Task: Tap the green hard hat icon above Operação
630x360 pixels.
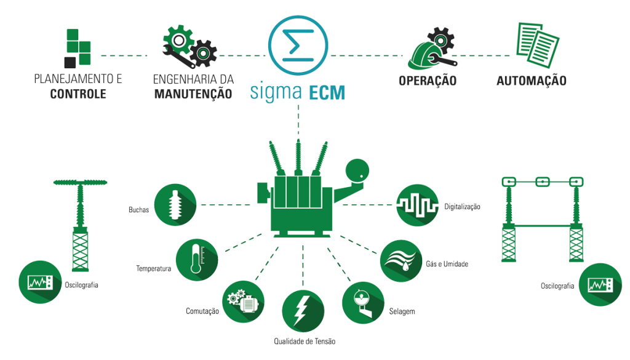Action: click(429, 49)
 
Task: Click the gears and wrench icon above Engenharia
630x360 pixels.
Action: click(189, 46)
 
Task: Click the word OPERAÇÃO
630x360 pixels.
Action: click(428, 81)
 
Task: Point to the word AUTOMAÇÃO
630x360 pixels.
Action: click(531, 81)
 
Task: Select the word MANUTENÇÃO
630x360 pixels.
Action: click(193, 94)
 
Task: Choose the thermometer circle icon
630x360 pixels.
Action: click(197, 260)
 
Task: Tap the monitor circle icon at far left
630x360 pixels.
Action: click(39, 282)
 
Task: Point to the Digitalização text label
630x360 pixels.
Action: click(461, 207)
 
